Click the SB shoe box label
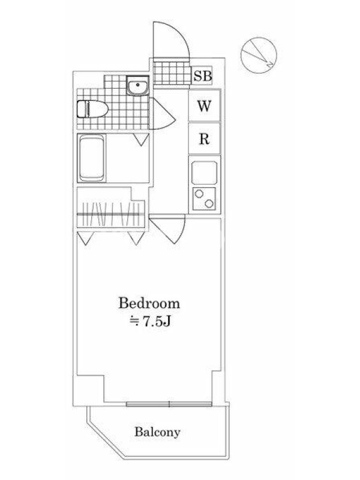pos(202,76)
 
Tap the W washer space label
pos(204,106)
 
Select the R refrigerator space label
pos(204,139)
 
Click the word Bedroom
pos(149,303)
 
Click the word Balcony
pos(157,432)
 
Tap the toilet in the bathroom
pos(92,109)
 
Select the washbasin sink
pos(138,85)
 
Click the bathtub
pos(91,158)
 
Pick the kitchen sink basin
pos(204,172)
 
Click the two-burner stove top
pos(204,199)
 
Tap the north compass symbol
pos(259,55)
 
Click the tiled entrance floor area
pos(172,73)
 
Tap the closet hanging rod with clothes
pos(110,214)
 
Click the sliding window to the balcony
pos(169,404)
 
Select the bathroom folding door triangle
pos(142,140)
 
